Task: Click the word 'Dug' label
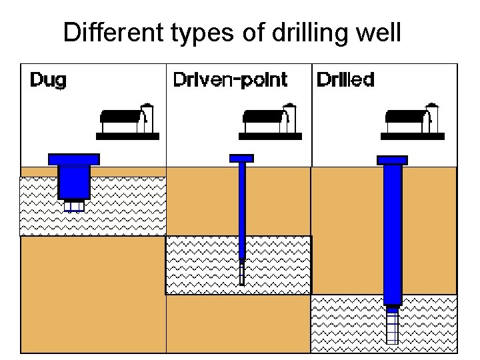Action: pos(49,81)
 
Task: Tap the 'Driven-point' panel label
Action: pos(230,81)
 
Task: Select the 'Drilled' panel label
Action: pos(345,81)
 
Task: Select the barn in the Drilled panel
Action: pos(408,121)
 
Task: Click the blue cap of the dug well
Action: pos(74,159)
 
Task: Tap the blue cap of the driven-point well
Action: pos(242,158)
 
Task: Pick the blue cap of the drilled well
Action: pos(393,160)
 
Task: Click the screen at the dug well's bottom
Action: pos(74,205)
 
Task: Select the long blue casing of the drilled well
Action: pos(393,233)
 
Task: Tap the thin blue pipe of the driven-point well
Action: pos(242,207)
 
